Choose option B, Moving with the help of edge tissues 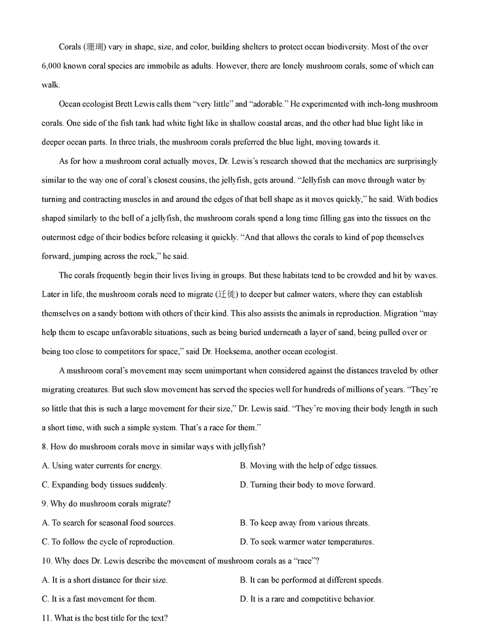point(308,466)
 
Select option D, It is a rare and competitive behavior point(307,599)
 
